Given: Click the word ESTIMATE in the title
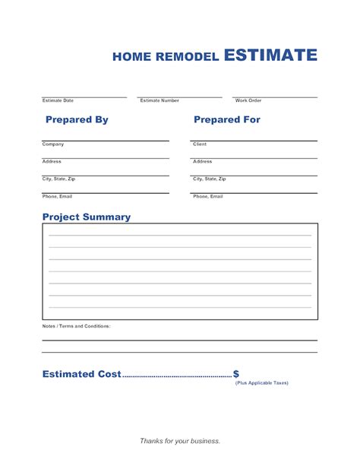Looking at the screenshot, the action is pos(270,55).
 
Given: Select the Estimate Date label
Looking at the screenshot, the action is pos(58,100).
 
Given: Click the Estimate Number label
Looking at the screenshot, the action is pos(159,100).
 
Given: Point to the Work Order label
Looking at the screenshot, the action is pos(248,100).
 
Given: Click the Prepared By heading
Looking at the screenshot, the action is pos(77,120).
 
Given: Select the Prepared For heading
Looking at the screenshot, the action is pos(227,120).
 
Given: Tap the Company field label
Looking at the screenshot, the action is pos(53,144).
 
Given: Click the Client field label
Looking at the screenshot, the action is pos(200,144).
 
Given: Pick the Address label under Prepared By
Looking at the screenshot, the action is pos(52,161).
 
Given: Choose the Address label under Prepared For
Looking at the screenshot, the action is pos(203,161).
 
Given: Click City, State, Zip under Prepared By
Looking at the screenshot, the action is pos(58,179).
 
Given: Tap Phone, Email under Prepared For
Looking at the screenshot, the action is pos(208,196).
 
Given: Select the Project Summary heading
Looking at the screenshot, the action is pos(87,217).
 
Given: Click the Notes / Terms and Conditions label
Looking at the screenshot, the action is pos(76,325).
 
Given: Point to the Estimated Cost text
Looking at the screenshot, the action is pos(82,374).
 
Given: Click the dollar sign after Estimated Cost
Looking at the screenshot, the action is pos(236,374).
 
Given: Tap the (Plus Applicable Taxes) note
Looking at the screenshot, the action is pos(262,382).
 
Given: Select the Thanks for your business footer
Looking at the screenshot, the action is pos(180,441).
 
